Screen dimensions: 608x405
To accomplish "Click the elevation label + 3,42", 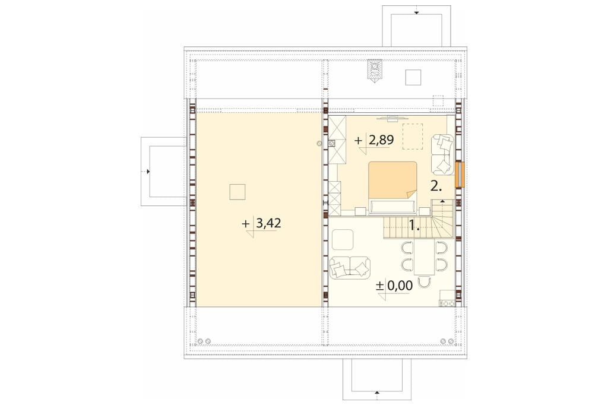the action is pos(261,223).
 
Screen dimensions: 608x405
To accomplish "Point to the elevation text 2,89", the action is pos(381,140).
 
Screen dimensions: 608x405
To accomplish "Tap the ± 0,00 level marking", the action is pos(394,286).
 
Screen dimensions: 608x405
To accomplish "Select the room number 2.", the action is pos(436,186).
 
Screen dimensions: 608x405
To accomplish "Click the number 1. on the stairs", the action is pos(415,226).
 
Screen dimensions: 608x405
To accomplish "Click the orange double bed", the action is pos(392,188).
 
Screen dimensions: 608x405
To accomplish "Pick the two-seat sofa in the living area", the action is pos(350,267).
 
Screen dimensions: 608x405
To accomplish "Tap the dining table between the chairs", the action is pos(424,257).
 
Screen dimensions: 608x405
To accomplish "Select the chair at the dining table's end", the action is pos(425,281).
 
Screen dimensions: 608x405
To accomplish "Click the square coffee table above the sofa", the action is pos(343,239).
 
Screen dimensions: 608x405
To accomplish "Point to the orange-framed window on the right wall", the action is pos(460,175).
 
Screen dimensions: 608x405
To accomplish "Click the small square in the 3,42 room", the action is pos(237,192).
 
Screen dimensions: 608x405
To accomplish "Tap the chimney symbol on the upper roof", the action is pos(375,71).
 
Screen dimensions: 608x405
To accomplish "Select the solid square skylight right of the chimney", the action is pos(413,77).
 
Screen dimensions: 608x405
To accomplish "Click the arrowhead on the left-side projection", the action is pos(148,171).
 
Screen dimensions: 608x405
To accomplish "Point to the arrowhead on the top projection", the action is pos(416,12).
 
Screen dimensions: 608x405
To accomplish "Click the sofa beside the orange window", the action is pos(442,154).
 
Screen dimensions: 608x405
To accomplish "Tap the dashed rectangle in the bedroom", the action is pos(413,136).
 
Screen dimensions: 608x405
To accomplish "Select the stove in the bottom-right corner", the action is pos(446,303).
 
